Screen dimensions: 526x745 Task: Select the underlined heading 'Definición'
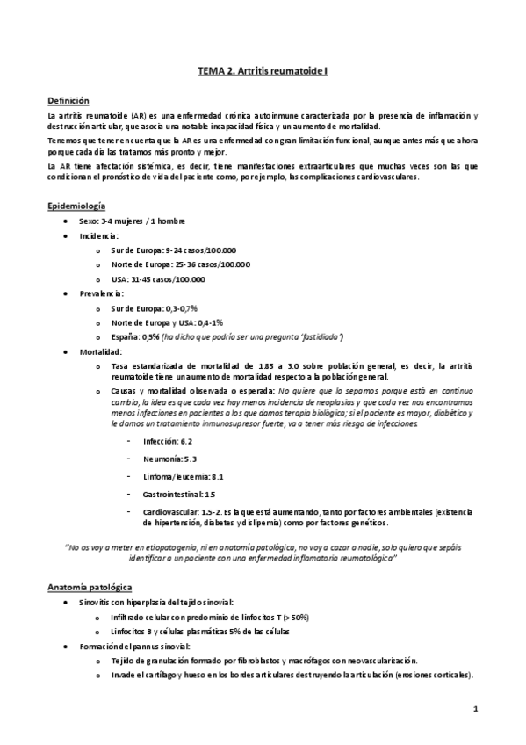[x=68, y=101]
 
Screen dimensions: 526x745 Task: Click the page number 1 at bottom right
[x=474, y=708]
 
